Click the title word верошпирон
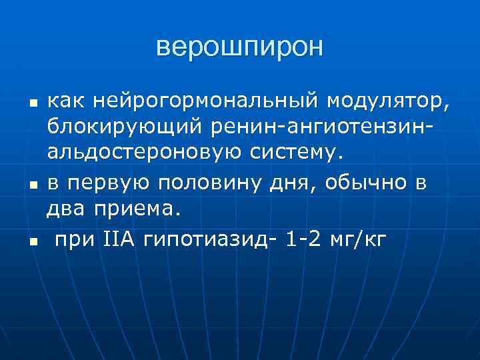coord(239,47)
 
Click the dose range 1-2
coord(303,239)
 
